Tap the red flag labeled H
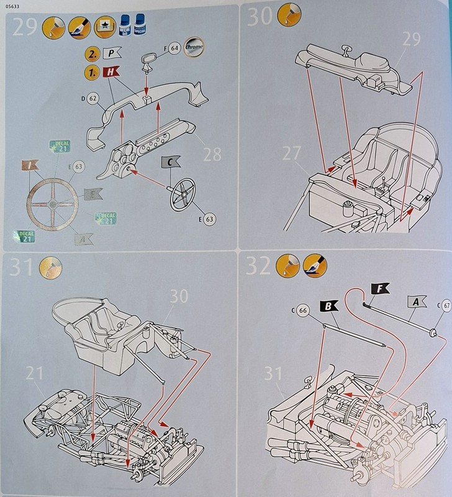click(112, 73)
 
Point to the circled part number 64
click(173, 47)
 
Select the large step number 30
click(260, 17)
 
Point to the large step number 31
click(23, 268)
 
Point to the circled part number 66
click(302, 310)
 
